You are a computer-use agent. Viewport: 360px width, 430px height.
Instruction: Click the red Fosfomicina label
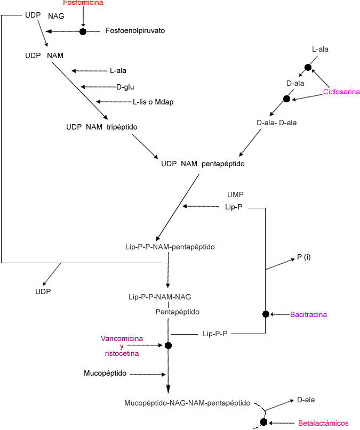(x=83, y=3)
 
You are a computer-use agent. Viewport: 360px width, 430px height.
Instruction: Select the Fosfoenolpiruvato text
(x=135, y=31)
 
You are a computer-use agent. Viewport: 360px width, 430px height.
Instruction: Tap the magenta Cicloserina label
(x=341, y=92)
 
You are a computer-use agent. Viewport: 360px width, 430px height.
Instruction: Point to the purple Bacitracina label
(x=308, y=314)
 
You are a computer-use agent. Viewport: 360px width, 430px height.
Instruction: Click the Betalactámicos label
(x=323, y=423)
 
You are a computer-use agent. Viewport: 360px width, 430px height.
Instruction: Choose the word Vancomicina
(x=122, y=338)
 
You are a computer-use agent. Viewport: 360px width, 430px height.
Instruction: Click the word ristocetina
(x=122, y=353)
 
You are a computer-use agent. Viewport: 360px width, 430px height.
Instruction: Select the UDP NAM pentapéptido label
(x=203, y=164)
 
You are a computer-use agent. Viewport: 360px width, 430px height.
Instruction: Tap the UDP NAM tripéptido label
(x=94, y=127)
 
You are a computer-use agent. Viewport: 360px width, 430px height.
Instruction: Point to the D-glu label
(x=125, y=87)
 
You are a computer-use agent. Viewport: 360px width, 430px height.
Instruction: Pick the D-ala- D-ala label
(x=276, y=123)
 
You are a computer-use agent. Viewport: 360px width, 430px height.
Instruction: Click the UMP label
(x=235, y=194)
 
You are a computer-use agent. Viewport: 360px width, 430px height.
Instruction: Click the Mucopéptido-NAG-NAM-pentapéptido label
(x=187, y=403)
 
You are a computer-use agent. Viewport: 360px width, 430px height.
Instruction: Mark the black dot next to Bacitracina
(x=266, y=314)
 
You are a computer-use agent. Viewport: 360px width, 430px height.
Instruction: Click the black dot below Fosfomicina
(x=83, y=32)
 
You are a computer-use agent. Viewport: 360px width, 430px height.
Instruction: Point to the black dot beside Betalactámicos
(x=263, y=423)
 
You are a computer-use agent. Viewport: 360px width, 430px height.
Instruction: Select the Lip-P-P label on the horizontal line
(x=215, y=334)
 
